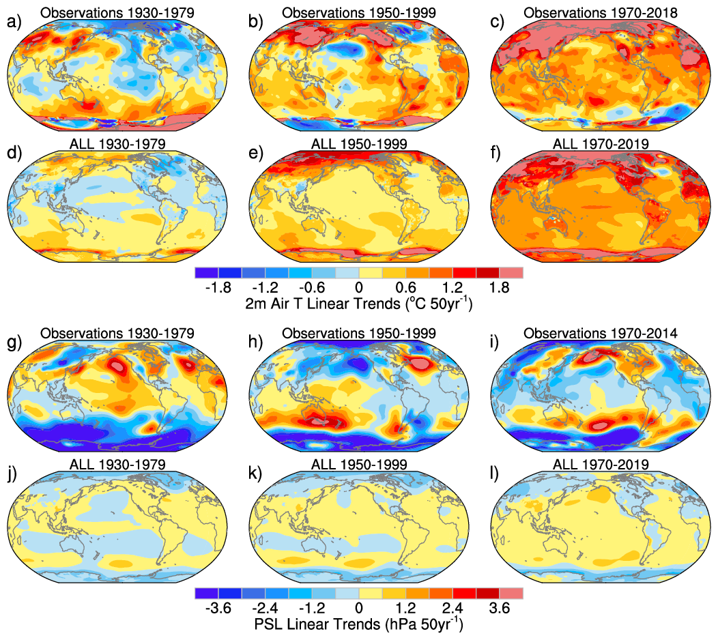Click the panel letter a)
coord(14,23)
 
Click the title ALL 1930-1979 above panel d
coord(117,143)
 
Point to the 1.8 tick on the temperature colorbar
coord(500,287)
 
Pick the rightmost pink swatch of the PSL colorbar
coord(511,594)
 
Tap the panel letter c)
coord(497,23)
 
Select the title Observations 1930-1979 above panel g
coord(117,334)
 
